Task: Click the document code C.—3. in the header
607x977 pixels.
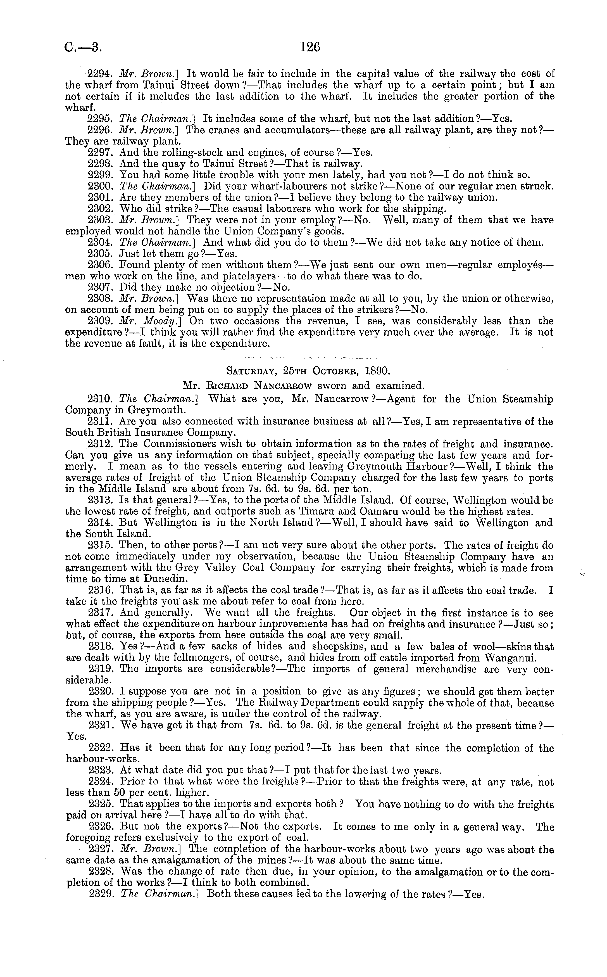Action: pos(83,48)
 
